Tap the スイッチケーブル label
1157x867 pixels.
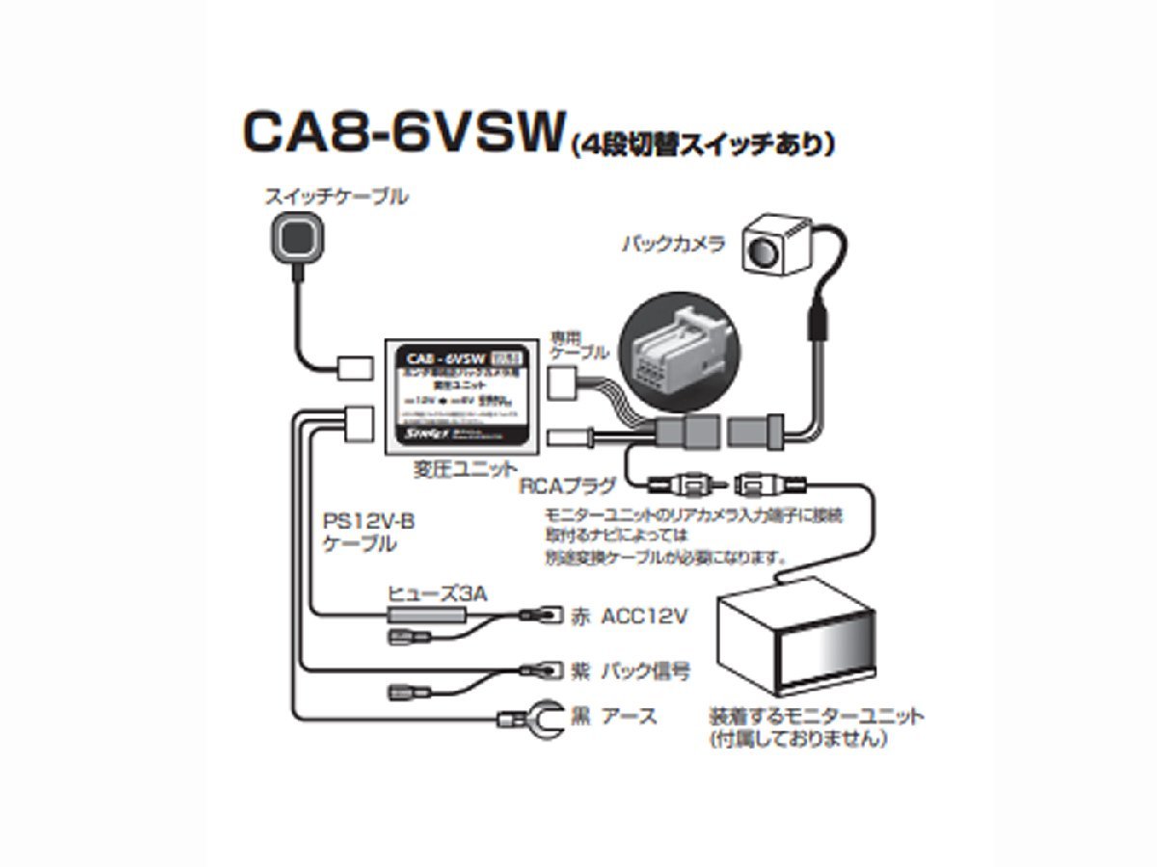[x=336, y=197]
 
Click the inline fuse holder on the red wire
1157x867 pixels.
[x=425, y=614]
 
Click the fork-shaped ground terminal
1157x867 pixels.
[x=531, y=718]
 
